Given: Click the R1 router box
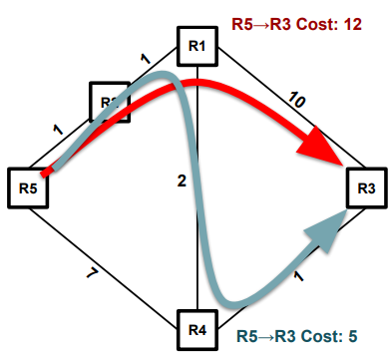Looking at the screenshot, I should coord(196,46).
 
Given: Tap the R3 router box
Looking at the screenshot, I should coord(366,187).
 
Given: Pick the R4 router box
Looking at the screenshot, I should coord(196,328).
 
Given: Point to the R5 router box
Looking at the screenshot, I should coord(27,185).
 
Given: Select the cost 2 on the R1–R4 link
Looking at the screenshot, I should coord(182,180).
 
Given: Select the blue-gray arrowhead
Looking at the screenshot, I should coord(323,234).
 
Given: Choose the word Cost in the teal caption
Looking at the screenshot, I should coord(320,338).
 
